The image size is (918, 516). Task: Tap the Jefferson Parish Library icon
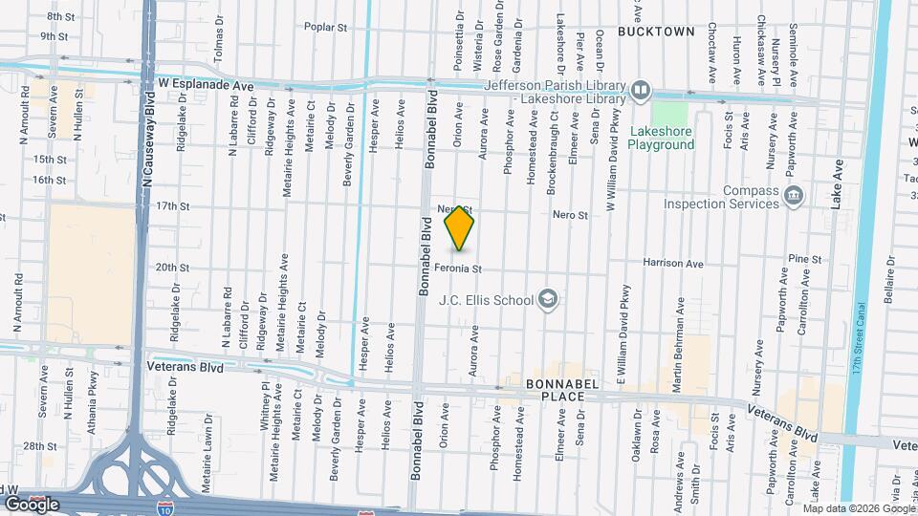point(641,92)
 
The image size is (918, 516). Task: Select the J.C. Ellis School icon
point(548,300)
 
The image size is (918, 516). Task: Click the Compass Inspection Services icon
point(793,196)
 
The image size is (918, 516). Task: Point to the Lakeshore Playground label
point(661,138)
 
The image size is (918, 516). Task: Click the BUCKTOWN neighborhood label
point(656,32)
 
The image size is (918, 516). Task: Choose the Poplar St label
point(325,28)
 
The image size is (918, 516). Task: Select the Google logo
point(31,504)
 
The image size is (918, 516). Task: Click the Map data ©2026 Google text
point(857,508)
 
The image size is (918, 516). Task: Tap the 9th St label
point(54,36)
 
